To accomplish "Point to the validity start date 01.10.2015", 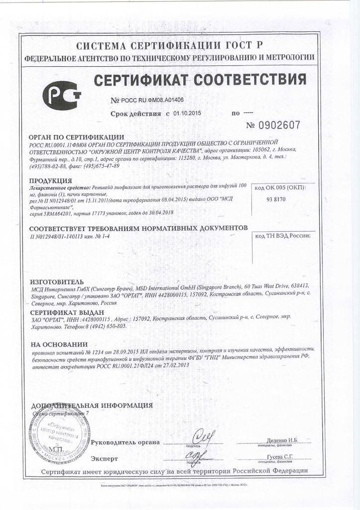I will coord(187,114).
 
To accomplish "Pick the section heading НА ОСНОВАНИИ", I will coord(59,344).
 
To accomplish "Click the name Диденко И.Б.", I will coord(282,441).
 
